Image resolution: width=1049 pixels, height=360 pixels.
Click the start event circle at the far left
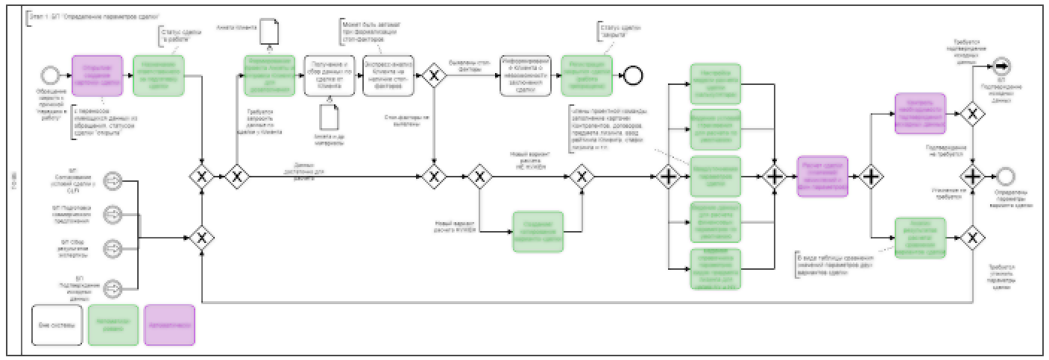51,75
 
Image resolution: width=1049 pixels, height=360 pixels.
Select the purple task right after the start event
97,76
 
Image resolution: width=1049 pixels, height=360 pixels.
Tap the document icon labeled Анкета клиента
269,31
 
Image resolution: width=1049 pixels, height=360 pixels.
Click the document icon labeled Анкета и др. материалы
329,119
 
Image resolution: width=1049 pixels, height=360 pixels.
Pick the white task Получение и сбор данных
329,76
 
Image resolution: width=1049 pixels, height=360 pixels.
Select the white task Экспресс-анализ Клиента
388,76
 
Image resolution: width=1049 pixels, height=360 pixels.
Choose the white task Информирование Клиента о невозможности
525,76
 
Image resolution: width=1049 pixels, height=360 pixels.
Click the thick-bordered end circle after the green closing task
633,75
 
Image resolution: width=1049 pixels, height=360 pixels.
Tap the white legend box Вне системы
56,325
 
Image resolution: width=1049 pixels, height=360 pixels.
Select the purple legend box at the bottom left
168,325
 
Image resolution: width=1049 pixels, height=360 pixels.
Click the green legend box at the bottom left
113,325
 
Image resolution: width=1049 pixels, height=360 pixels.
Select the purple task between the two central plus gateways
822,177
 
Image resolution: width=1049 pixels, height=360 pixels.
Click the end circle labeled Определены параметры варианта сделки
1004,177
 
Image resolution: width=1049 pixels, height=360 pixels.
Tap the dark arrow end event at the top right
1001,67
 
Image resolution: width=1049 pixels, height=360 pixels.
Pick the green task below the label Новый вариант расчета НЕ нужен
538,232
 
